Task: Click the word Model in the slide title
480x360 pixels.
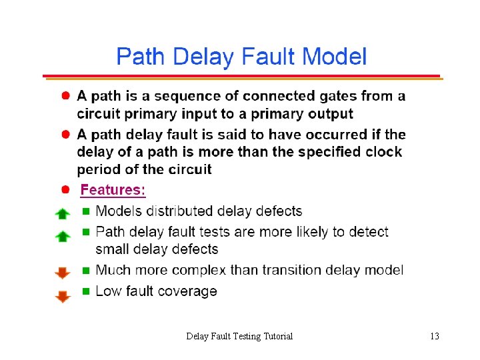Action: (333, 57)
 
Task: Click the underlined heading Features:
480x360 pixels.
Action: (113, 190)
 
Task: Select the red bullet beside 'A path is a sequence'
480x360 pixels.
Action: (67, 96)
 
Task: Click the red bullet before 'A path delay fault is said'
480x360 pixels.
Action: (67, 135)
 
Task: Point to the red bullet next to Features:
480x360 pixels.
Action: (67, 190)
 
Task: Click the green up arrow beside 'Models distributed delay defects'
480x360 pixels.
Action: (62, 214)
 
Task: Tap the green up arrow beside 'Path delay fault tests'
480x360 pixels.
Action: (62, 236)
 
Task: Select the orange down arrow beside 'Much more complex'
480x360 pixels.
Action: (62, 273)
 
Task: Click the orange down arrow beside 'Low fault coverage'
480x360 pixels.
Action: (62, 295)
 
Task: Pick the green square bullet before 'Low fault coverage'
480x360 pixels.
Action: (85, 291)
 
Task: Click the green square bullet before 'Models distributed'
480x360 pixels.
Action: (85, 212)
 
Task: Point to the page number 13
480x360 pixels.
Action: (435, 336)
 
